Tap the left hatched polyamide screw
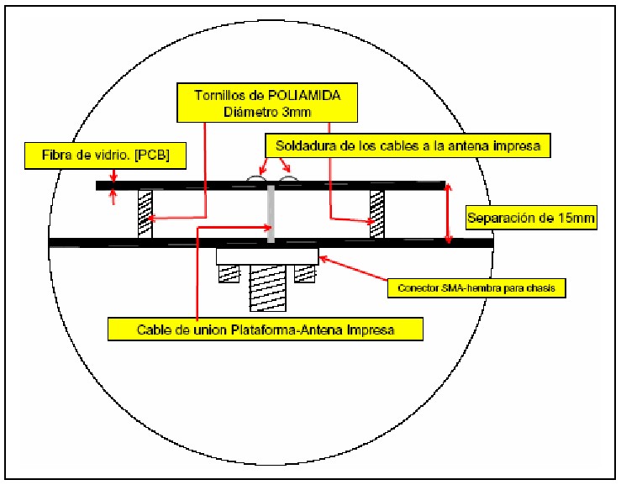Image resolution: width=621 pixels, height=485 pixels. coord(144,214)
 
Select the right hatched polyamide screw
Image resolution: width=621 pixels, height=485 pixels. coord(377,214)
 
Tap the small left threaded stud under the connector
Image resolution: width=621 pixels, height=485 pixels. coord(229,272)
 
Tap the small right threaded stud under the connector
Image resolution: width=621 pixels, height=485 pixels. coord(304,272)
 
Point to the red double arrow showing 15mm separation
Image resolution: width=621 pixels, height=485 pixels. coord(449,214)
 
